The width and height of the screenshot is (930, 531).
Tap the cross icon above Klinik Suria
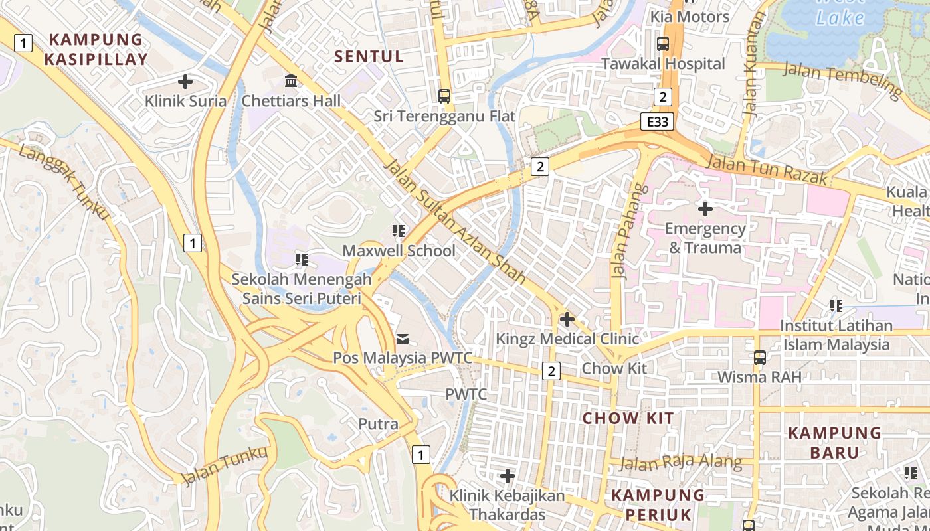pos(185,82)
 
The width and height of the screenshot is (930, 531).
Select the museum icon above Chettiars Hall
pos(291,81)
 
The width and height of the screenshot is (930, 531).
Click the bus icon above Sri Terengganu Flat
pos(444,96)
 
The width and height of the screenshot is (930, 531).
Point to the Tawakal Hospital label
pos(663,64)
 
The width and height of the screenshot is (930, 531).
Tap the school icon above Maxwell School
pos(399,231)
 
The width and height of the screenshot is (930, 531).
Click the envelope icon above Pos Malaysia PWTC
pos(403,339)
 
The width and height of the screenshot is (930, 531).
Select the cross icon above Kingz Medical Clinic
pos(567,319)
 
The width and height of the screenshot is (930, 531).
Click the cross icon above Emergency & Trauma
pos(705,210)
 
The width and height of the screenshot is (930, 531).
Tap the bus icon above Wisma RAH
pos(760,358)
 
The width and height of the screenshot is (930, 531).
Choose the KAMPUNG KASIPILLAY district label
pos(96,50)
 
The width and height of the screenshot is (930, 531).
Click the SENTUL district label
pos(369,56)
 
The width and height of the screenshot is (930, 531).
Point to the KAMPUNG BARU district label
pos(834,443)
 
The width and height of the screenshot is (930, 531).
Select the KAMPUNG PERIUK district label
pos(658,504)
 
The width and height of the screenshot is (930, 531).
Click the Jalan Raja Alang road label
pos(681,462)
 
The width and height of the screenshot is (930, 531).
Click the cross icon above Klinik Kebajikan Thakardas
pos(508,476)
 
